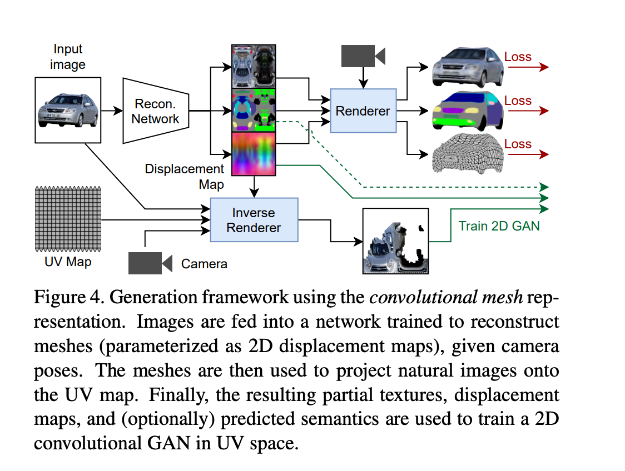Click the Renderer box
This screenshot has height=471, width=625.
(363, 111)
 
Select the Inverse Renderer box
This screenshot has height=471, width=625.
(254, 220)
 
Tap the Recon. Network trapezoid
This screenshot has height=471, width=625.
(155, 111)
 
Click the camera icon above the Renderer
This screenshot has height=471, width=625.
(363, 56)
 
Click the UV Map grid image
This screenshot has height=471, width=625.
(68, 218)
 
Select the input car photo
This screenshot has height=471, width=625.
(68, 109)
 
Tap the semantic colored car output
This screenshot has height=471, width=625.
(468, 110)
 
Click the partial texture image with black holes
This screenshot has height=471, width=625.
(395, 240)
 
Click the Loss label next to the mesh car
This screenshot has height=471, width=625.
(518, 144)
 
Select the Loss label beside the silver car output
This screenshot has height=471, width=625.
(518, 57)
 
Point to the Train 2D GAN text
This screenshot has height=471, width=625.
(499, 226)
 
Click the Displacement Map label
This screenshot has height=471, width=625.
(184, 176)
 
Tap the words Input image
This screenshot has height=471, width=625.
(68, 57)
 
